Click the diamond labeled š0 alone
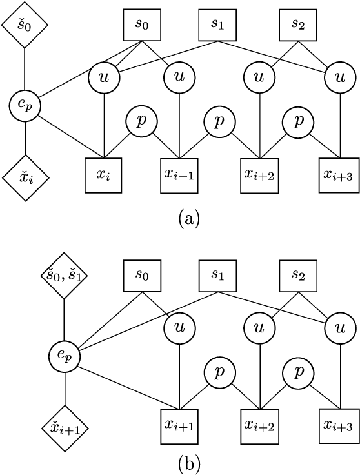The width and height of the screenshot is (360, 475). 25,25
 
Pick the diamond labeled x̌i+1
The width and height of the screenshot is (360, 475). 65,428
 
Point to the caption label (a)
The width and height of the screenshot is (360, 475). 187,218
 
